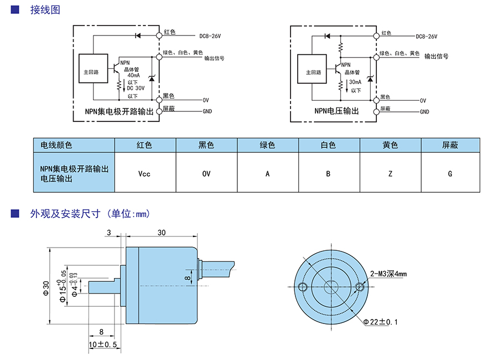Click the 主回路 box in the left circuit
pos(93,71)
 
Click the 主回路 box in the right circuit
pos(314,72)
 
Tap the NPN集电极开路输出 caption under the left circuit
pos(119,111)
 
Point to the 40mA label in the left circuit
pos(133,75)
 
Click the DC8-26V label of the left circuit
pos(210,37)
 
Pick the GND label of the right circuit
pos(424,111)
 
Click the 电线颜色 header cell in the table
pos(53,145)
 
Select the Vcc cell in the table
pos(144,173)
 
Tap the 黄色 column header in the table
pos(390,145)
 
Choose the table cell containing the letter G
pos(450,173)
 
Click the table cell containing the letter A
pos(267,173)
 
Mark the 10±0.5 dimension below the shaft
pos(102,344)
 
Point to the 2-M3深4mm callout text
pos(388,274)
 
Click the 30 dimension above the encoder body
pos(162,233)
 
